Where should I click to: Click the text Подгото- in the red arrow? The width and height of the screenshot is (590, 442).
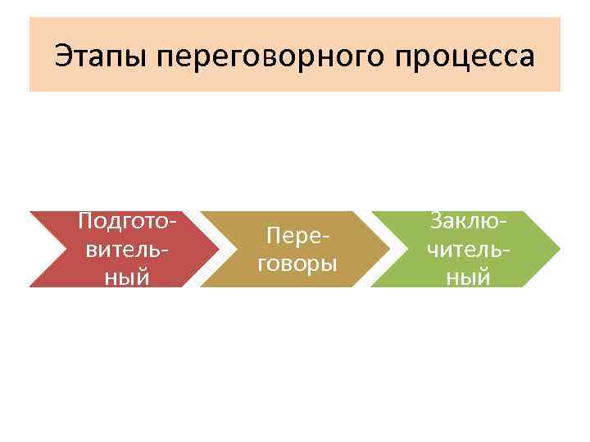pyautogui.click(x=127, y=222)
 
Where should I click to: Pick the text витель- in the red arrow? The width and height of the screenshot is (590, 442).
pyautogui.click(x=127, y=249)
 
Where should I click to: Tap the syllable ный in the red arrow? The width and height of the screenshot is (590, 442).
pyautogui.click(x=127, y=277)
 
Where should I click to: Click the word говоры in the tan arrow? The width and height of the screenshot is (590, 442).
pyautogui.click(x=302, y=263)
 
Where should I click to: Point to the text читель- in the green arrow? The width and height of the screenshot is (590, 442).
pyautogui.click(x=468, y=249)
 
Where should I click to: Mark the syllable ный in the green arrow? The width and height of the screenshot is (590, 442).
pyautogui.click(x=468, y=277)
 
